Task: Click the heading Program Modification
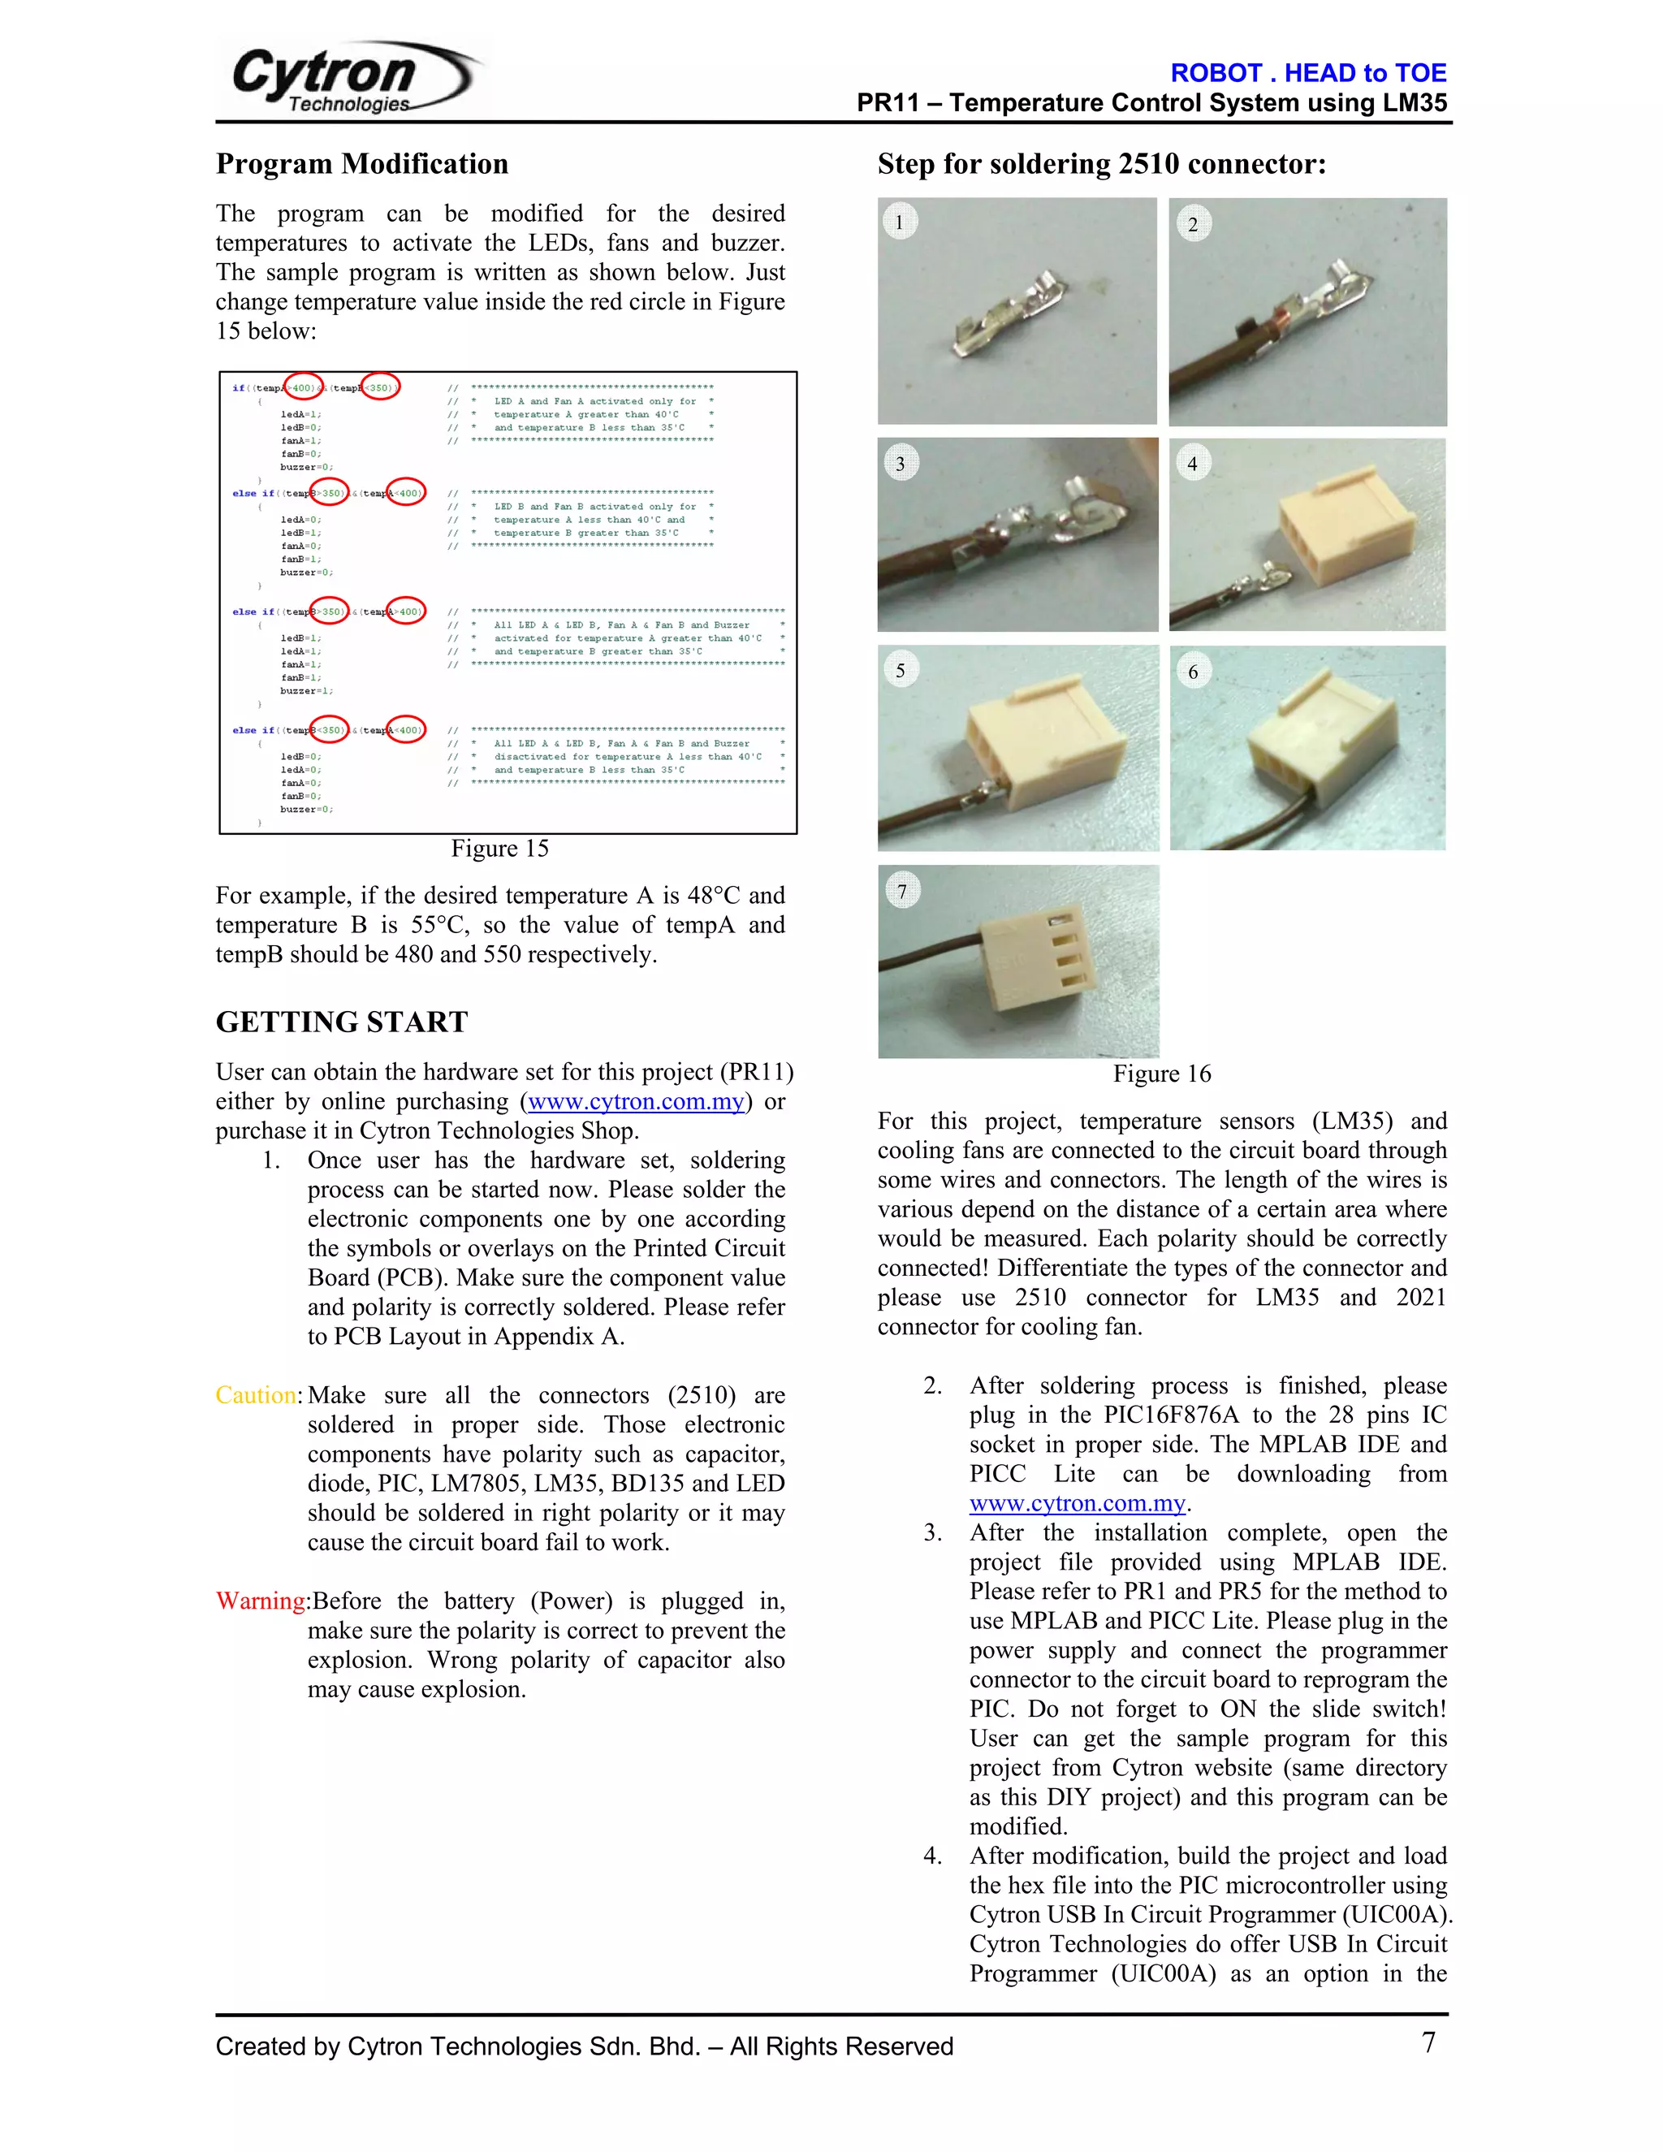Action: [361, 163]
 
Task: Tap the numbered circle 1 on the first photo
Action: [899, 222]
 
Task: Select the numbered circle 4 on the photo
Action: [1192, 463]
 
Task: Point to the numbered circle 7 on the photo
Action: [901, 891]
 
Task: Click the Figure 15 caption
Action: [499, 849]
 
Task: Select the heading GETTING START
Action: [341, 1022]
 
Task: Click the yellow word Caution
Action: [256, 1395]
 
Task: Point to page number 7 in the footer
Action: [1428, 2042]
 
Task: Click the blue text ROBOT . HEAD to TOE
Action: [1307, 73]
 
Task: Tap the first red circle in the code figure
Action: [302, 388]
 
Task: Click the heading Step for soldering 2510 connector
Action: [1101, 163]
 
